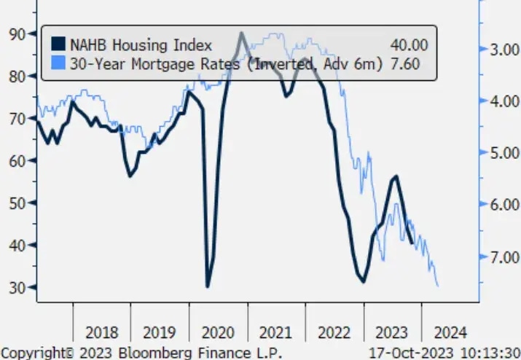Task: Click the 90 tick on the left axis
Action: point(16,34)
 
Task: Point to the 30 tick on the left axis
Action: point(16,287)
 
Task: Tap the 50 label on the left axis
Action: point(16,203)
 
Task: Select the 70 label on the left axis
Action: point(16,118)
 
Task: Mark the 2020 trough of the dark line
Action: point(208,286)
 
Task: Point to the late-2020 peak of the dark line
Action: point(240,34)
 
